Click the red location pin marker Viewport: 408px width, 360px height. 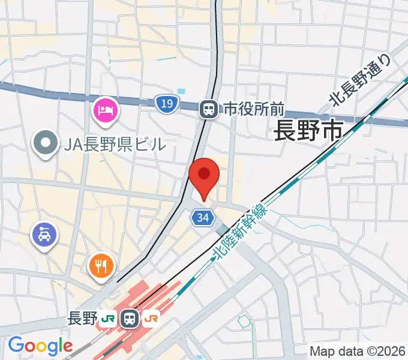coord(204,175)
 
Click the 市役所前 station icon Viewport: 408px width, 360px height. coord(209,109)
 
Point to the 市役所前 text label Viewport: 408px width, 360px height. coord(253,109)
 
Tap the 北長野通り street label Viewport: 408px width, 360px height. coord(360,81)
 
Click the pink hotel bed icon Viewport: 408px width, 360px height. coord(106,110)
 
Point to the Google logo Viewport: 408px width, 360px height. coord(40,346)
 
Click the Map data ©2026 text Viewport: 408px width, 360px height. coord(356,350)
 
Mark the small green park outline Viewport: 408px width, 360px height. coord(244,323)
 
